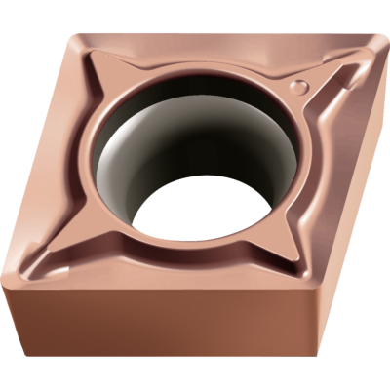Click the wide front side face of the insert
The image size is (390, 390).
point(166,331)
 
